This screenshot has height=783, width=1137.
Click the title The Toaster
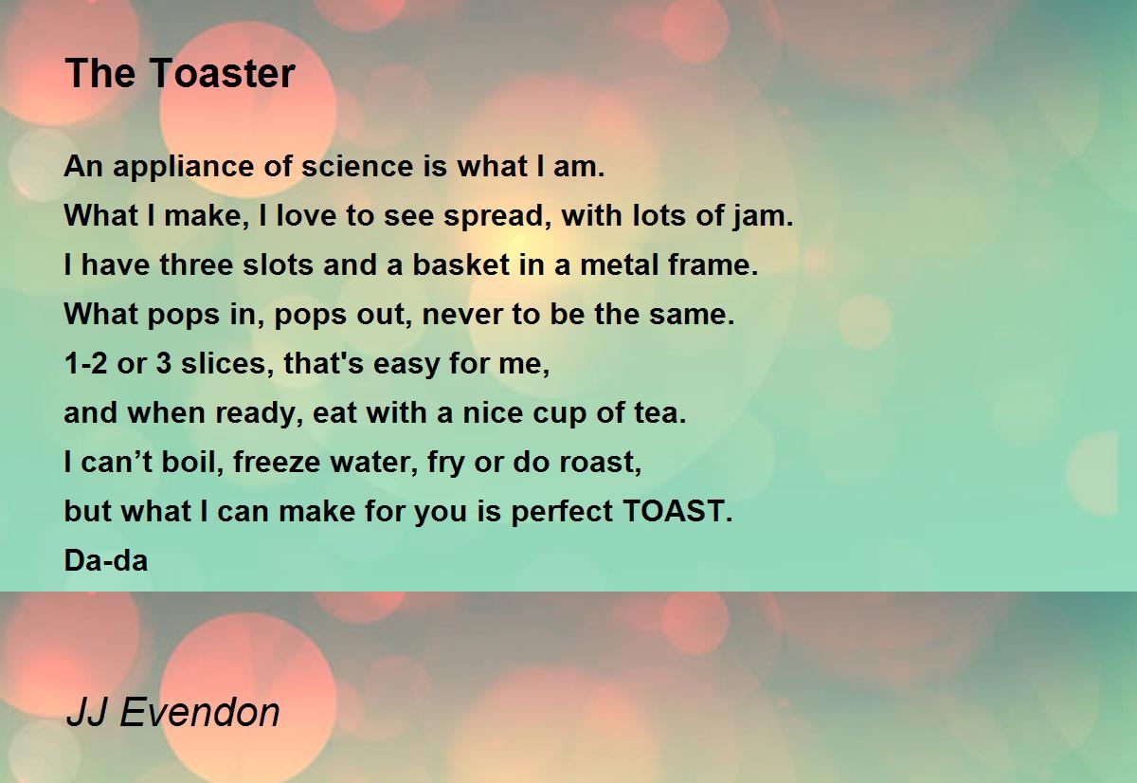tap(180, 74)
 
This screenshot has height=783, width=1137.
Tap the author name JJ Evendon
tap(172, 712)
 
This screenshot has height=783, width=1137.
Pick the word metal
tap(617, 265)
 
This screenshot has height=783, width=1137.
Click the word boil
tap(195, 463)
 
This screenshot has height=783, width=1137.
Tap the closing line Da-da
tap(106, 561)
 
